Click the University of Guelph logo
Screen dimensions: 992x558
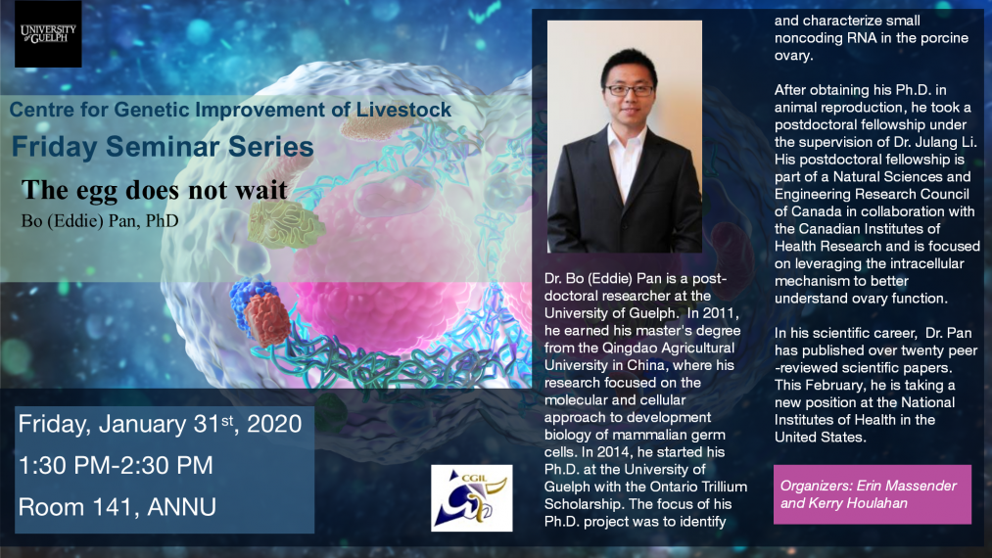coord(48,34)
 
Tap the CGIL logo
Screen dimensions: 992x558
coord(471,498)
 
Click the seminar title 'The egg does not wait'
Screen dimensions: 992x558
coord(155,190)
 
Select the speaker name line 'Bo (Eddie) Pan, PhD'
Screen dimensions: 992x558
coord(100,221)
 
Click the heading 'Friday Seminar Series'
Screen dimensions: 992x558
coord(163,147)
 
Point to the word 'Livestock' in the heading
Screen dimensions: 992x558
coord(403,110)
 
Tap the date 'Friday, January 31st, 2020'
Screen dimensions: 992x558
coord(160,424)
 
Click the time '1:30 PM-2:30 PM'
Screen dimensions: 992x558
coord(116,466)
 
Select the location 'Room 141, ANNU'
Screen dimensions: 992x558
coord(118,507)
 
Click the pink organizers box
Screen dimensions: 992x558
coord(873,494)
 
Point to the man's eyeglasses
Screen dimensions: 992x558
coord(630,90)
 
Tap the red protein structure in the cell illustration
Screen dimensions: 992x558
coord(267,319)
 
